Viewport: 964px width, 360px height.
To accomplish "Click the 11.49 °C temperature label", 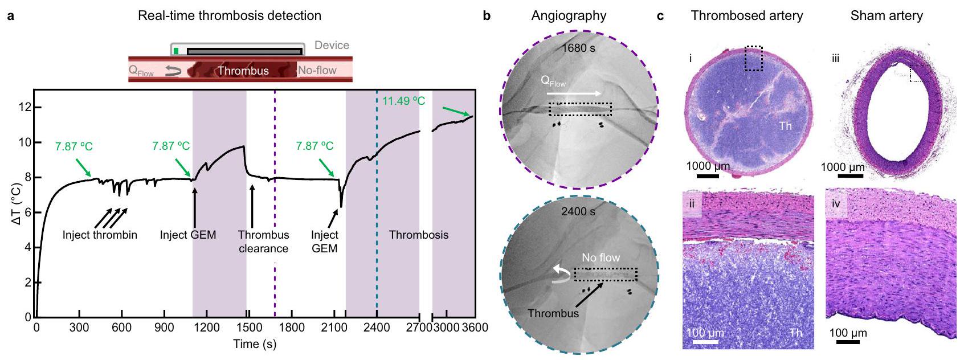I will [x=403, y=101].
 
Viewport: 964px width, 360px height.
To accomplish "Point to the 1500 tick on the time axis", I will [x=249, y=328].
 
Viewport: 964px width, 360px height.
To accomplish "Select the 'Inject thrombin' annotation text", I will [x=100, y=235].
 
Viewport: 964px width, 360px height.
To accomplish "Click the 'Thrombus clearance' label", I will [x=263, y=242].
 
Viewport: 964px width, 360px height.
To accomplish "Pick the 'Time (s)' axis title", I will [x=255, y=344].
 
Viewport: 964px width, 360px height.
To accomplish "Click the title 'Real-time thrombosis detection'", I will [x=230, y=15].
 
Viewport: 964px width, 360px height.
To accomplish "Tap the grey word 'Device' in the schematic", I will [x=332, y=45].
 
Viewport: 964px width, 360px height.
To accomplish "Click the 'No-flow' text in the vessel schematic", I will [x=317, y=70].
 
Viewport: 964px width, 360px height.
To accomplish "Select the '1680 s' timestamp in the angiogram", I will [x=578, y=48].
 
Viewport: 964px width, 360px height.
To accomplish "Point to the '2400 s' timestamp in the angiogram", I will [x=578, y=211].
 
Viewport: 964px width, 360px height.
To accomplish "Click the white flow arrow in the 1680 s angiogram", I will [x=573, y=93].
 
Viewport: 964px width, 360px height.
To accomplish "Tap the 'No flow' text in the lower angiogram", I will [x=601, y=257].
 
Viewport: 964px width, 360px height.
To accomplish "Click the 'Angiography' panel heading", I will [x=569, y=15].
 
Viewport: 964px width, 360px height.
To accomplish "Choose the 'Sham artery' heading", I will [x=887, y=15].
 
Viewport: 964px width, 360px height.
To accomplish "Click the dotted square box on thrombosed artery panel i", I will [x=753, y=58].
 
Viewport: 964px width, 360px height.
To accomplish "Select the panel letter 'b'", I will [x=487, y=15].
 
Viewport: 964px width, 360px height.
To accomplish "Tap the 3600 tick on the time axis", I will [x=475, y=328].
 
